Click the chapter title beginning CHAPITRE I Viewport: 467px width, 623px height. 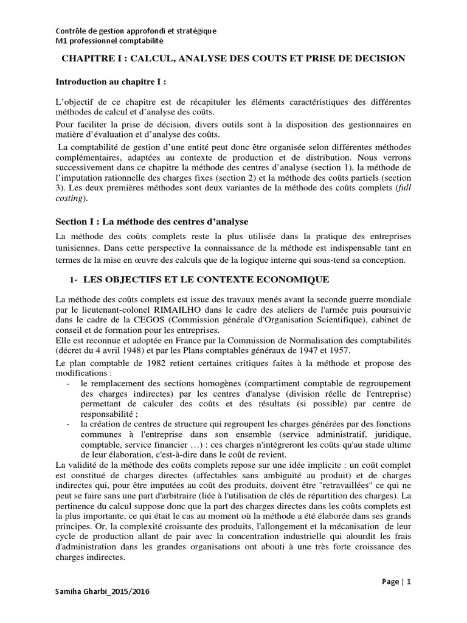coord(234,58)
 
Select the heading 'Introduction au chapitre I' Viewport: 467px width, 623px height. coord(110,82)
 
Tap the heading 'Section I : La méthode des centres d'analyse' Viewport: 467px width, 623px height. coord(152,221)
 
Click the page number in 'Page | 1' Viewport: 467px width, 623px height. coord(409,582)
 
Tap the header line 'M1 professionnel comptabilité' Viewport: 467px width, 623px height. coord(109,41)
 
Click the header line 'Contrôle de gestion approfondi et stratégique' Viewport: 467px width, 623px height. coord(136,31)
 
